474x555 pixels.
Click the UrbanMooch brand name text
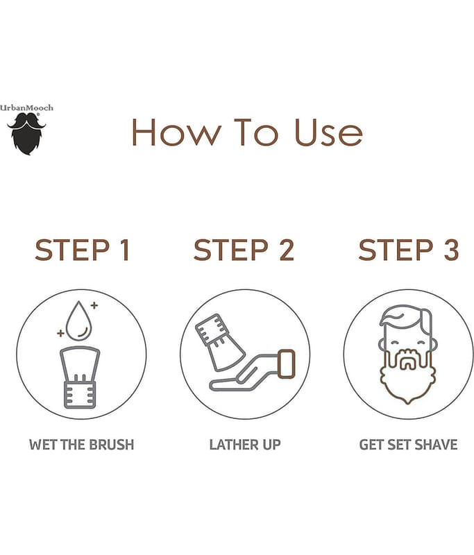pos(26,108)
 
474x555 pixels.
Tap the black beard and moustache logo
pos(26,134)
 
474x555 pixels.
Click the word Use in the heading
pos(329,133)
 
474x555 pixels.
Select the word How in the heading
pos(176,133)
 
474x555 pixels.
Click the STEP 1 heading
pos(82,250)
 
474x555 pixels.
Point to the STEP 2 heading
pos(244,250)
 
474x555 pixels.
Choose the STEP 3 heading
pos(409,250)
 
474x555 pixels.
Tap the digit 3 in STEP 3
pos(451,250)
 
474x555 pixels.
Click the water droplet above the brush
pos(79,321)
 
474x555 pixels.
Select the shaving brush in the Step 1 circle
pos(80,377)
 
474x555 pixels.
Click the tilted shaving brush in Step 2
pos(219,341)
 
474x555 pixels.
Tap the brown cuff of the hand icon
pos(287,364)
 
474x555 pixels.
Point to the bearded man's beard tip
pos(408,402)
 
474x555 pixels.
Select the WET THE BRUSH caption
pos(82,445)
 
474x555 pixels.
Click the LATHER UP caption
pos(245,445)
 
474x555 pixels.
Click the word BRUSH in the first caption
pos(112,445)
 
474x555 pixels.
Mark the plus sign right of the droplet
pos(94,305)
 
